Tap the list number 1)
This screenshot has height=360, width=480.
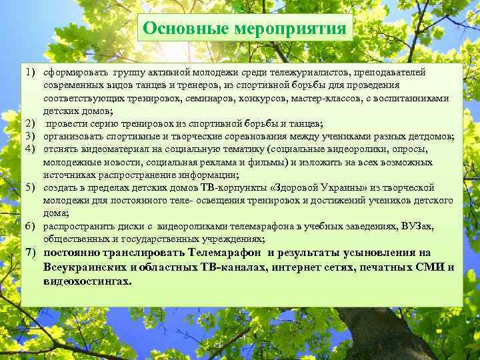31,71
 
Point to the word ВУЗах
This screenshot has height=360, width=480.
417,227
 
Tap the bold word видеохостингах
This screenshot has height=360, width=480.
85,281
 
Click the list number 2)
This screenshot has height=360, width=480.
31,124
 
